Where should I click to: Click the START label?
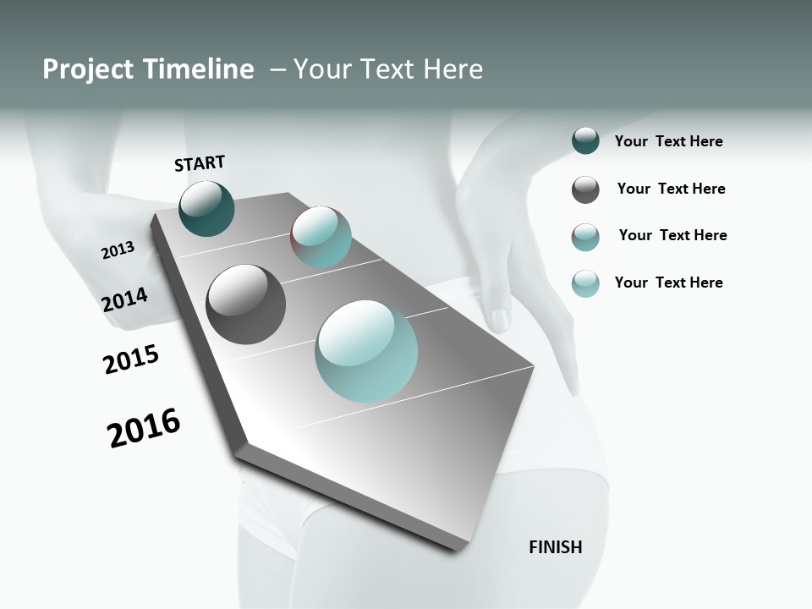tap(200, 163)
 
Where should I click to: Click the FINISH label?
tap(555, 547)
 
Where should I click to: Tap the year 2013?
tap(118, 250)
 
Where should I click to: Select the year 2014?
tap(124, 299)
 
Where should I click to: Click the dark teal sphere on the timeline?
tap(206, 208)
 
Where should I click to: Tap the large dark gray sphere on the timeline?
tap(245, 304)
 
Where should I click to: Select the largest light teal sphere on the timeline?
tap(366, 351)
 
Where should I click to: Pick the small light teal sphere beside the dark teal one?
tap(321, 237)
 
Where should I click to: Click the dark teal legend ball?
tap(585, 141)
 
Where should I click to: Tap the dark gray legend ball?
tap(585, 189)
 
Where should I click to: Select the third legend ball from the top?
tap(585, 237)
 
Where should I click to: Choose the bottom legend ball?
tap(585, 283)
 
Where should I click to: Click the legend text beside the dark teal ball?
tap(668, 142)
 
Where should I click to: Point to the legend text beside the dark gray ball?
tap(671, 189)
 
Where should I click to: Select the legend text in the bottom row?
tap(668, 283)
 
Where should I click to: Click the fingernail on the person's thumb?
tap(500, 318)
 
